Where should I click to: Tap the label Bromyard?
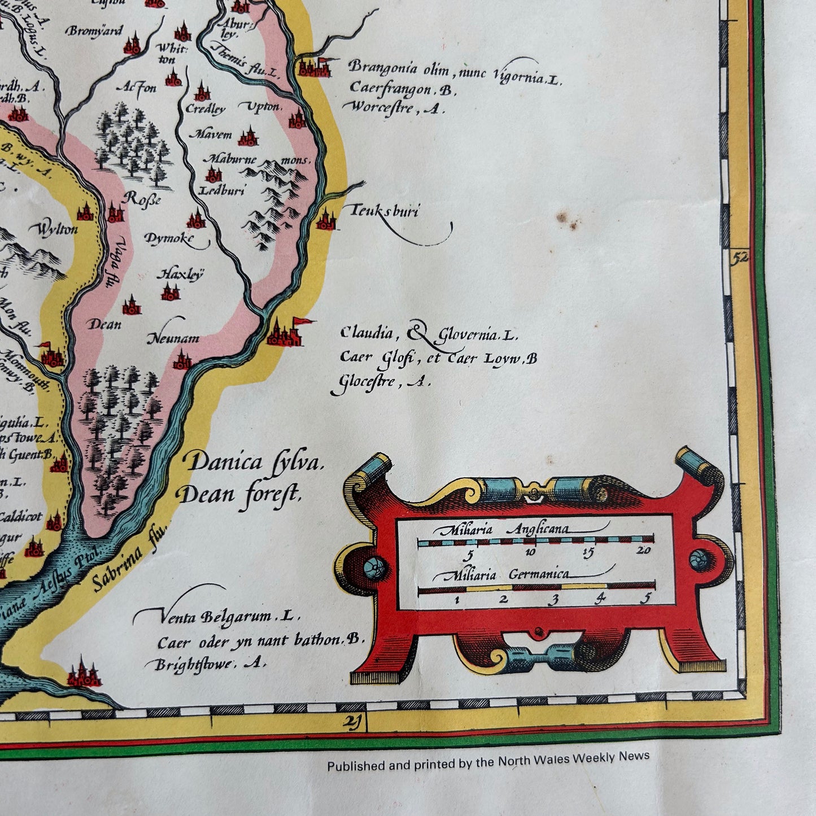94,30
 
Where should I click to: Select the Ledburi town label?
222,191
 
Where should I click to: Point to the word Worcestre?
381,107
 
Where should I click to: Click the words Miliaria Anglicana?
501,530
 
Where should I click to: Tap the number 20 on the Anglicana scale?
643,552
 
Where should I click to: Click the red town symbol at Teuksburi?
326,220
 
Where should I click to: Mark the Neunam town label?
173,339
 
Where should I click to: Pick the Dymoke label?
168,239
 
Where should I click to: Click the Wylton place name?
57,230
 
